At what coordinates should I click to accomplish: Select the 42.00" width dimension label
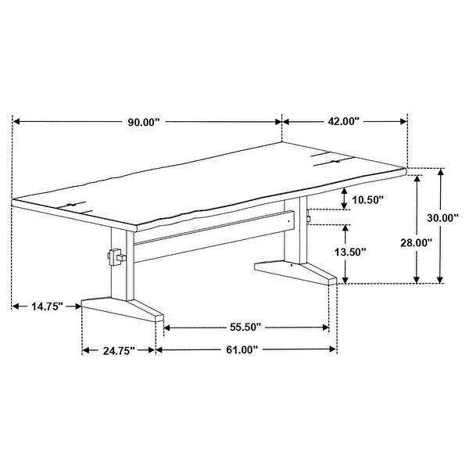[343, 121]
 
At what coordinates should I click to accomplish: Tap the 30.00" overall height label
[442, 218]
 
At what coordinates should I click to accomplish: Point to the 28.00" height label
[416, 242]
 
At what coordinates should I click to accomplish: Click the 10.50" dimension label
[367, 200]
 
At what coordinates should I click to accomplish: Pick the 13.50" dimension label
[350, 252]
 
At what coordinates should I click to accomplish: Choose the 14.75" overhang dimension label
[47, 306]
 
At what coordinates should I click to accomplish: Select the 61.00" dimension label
[242, 349]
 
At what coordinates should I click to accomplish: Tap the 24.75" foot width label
[119, 350]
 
